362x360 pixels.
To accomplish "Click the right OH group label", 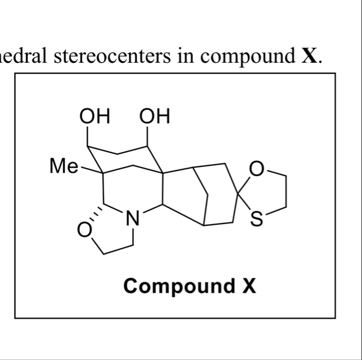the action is pyautogui.click(x=154, y=118).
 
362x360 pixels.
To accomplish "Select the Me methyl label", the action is pyautogui.click(x=63, y=166).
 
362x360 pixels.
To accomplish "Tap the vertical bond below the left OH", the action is pyautogui.click(x=89, y=137).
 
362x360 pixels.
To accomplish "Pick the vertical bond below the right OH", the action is pyautogui.click(x=148, y=137).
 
